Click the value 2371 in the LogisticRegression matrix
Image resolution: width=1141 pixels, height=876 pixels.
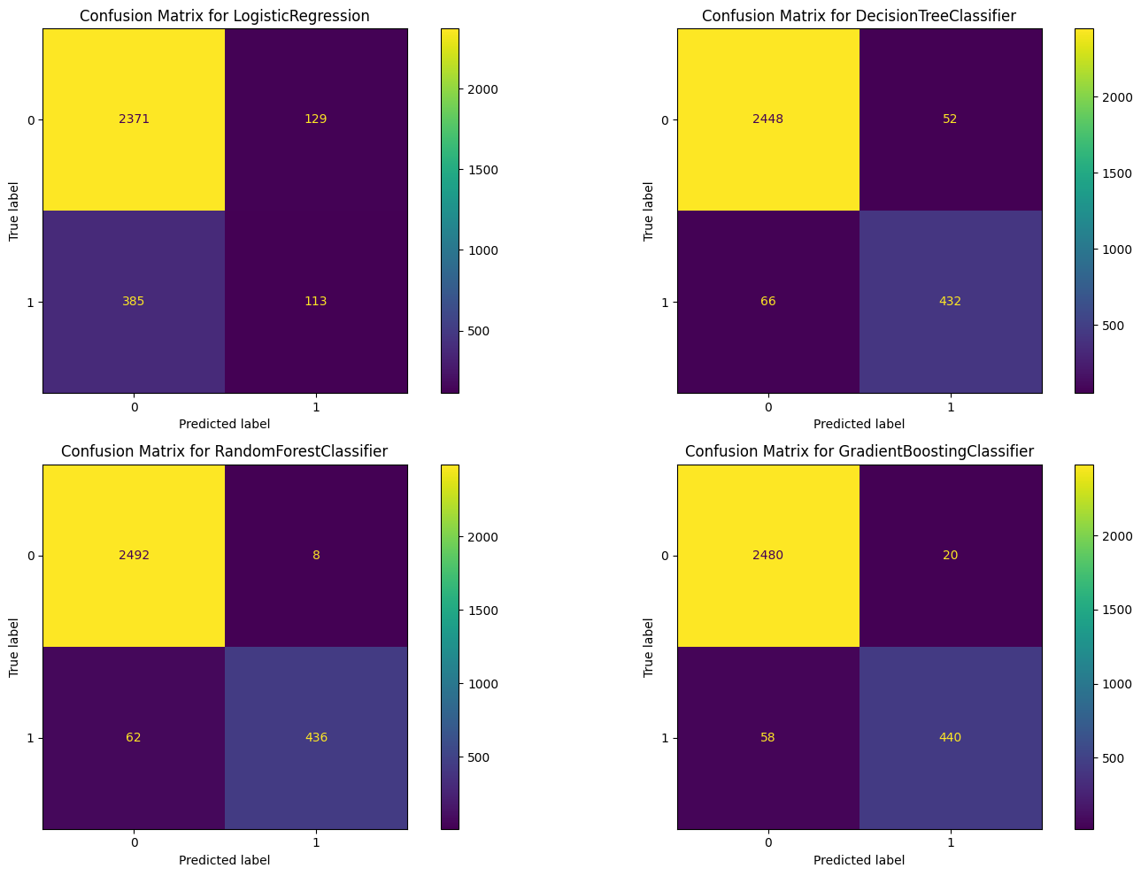click(134, 119)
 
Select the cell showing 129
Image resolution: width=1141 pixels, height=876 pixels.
click(316, 119)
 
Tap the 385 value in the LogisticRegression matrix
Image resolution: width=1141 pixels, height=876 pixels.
click(134, 302)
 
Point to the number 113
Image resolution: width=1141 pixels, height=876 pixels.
click(316, 302)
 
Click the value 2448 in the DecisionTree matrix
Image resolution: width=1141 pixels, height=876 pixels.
click(768, 119)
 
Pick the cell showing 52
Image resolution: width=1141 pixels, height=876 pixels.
click(951, 119)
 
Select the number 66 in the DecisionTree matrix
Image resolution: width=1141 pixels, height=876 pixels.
click(768, 302)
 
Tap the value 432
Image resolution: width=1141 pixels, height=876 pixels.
click(951, 302)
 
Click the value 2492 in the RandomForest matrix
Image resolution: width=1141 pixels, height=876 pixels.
click(134, 556)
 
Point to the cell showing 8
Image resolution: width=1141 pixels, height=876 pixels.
click(316, 556)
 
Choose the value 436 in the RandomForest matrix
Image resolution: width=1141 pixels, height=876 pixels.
click(316, 738)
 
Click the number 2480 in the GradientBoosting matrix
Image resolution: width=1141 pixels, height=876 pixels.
click(768, 556)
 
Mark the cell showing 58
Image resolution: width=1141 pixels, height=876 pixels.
click(768, 738)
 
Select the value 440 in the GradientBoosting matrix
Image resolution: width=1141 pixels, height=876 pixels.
click(951, 738)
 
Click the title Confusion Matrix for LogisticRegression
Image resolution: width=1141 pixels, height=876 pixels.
click(225, 16)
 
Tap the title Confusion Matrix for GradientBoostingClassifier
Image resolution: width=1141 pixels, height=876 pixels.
click(860, 452)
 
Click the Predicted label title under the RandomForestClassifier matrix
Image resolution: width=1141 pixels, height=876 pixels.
click(225, 860)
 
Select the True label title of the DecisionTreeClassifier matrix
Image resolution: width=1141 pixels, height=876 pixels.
click(649, 211)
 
